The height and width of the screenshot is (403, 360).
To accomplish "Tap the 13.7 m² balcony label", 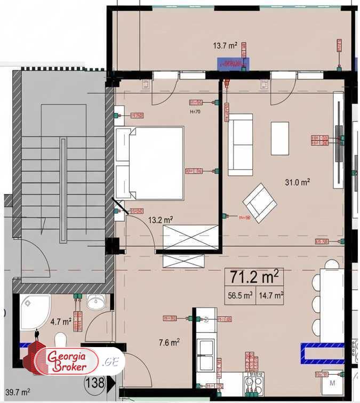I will [x=225, y=46].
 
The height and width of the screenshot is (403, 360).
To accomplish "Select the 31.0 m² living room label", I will [x=297, y=183].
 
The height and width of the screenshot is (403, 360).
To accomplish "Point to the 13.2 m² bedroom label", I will [x=160, y=219].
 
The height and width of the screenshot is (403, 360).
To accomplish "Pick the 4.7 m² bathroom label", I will [x=60, y=321].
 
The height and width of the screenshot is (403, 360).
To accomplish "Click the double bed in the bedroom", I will [x=150, y=162].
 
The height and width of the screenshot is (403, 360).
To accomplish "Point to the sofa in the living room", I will [x=241, y=144].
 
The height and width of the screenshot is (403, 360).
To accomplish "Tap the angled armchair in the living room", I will [x=260, y=203].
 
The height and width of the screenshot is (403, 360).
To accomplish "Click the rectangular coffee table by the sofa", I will [x=279, y=139].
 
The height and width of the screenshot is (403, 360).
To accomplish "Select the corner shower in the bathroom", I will [x=35, y=310].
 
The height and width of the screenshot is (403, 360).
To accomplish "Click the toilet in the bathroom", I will [x=60, y=340].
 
